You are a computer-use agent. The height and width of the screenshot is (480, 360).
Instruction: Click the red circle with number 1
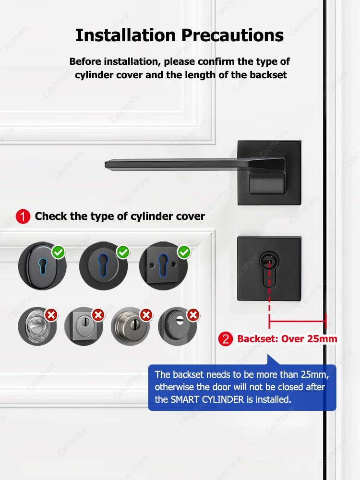(x=23, y=216)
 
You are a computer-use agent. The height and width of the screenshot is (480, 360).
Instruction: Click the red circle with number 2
(x=226, y=339)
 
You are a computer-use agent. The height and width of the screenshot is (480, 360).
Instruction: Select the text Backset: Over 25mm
(x=287, y=339)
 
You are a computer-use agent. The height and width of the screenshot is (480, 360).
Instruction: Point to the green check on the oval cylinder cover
(x=59, y=252)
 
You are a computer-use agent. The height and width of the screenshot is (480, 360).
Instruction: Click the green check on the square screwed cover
(x=183, y=252)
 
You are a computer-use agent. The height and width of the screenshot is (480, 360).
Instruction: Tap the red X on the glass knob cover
(x=51, y=315)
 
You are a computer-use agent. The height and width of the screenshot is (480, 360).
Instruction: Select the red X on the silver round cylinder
(x=146, y=315)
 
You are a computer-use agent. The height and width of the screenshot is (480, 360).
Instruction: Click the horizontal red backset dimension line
(x=298, y=321)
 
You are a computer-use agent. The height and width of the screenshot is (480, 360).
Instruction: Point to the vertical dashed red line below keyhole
(x=269, y=300)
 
